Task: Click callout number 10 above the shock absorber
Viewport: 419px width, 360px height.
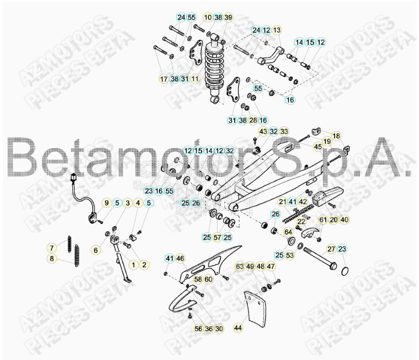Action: (x=208, y=18)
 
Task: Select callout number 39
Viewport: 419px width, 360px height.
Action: (x=228, y=18)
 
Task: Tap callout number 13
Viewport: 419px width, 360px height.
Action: (x=277, y=30)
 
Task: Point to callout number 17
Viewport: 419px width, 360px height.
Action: (x=164, y=79)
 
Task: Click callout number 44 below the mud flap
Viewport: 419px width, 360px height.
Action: (x=238, y=328)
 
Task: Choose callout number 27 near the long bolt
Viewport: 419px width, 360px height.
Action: (x=331, y=249)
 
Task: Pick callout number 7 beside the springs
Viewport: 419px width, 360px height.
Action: (x=52, y=247)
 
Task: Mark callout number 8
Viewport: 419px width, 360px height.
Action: (x=52, y=258)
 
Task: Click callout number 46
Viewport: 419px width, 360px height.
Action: (x=180, y=258)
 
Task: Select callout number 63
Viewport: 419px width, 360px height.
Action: (x=240, y=266)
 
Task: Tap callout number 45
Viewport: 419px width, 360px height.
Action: (x=318, y=147)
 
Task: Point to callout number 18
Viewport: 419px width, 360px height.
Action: (x=336, y=136)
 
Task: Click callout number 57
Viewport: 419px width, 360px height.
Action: (x=217, y=238)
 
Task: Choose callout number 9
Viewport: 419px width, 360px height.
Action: (x=106, y=203)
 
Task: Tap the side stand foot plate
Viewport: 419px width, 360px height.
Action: (x=127, y=281)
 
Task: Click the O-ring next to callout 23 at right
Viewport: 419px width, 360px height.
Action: (x=345, y=270)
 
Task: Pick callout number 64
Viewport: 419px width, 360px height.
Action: (x=288, y=232)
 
